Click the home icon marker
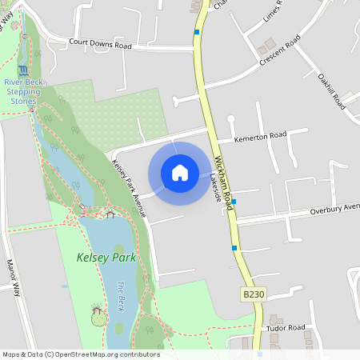[x=180, y=173]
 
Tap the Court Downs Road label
[x=100, y=46]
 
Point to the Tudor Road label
[x=286, y=327]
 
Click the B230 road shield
[x=253, y=294]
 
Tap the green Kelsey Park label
[x=106, y=258]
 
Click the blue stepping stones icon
[x=22, y=70]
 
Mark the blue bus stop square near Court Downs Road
[x=197, y=32]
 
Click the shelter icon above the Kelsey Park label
[x=110, y=214]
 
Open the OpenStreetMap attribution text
[x=81, y=354]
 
